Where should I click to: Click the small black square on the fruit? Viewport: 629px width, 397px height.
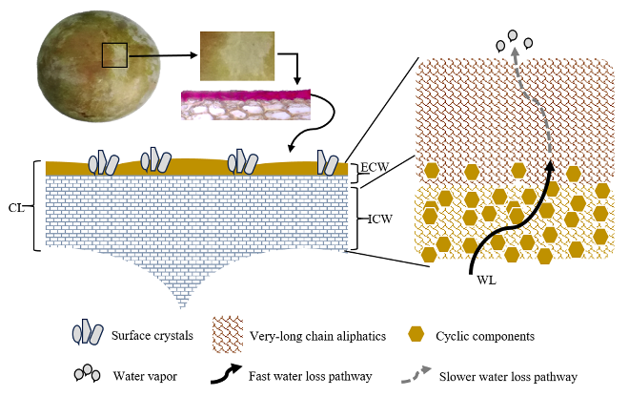[x=114, y=54]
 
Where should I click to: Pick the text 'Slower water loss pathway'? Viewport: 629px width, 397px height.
[x=509, y=376]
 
